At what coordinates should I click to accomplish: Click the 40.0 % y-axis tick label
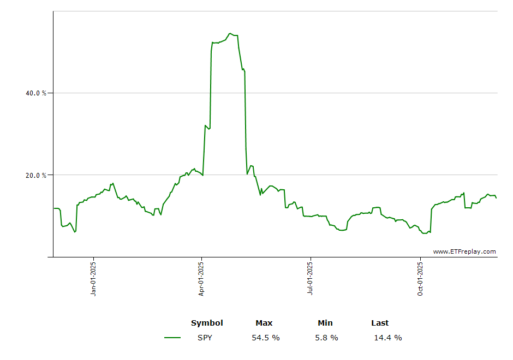pos(36,93)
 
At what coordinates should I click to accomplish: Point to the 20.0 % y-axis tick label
pos(36,176)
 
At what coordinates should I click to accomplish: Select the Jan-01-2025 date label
pos(93,279)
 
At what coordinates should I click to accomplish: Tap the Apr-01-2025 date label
pos(201,279)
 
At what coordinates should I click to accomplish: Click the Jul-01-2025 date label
pos(310,279)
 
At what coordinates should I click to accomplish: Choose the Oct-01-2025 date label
pos(420,279)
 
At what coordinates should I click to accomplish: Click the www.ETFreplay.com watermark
pos(464,251)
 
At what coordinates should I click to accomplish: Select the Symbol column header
pos(207,323)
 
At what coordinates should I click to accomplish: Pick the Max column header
pos(264,323)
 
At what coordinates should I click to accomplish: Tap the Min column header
pos(325,323)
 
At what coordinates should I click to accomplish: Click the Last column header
pos(380,323)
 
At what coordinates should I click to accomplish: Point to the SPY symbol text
pos(205,338)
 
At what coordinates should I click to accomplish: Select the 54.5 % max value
pos(266,338)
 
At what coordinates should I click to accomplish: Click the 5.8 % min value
pos(326,338)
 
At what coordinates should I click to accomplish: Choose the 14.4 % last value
pos(387,338)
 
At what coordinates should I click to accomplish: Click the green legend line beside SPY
pos(172,338)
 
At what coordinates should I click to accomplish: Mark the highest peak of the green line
pos(230,33)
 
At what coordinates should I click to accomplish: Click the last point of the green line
pos(496,198)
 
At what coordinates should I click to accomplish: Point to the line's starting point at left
pos(54,208)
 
